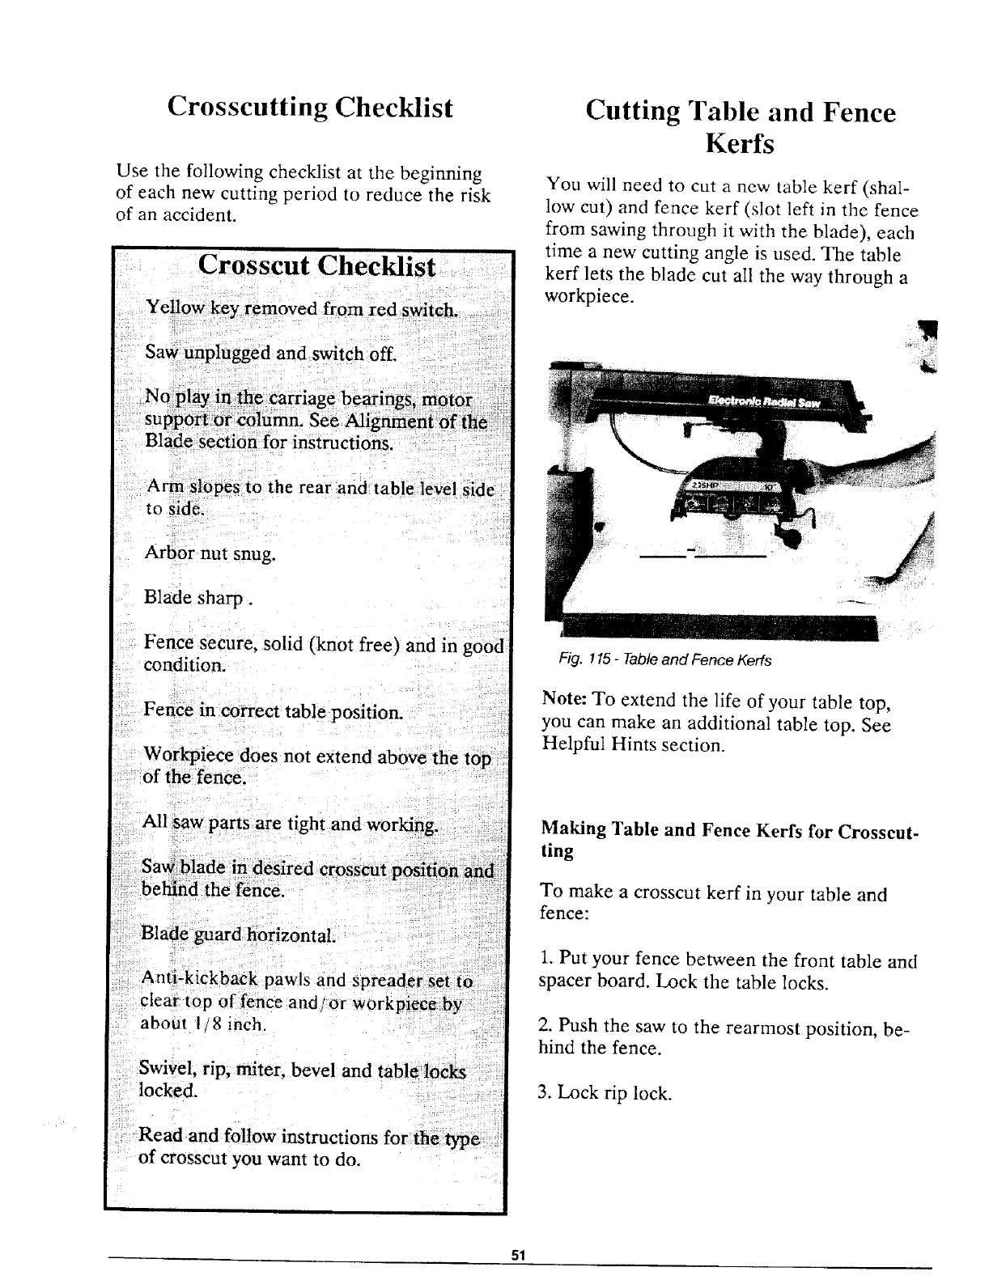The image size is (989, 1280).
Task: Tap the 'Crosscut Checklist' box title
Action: coord(316,266)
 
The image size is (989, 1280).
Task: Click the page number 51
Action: coord(519,1255)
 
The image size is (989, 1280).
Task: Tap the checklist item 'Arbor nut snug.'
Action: coord(210,554)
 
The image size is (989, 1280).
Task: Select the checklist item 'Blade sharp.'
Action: coord(197,598)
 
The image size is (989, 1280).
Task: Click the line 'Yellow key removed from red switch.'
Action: coord(300,309)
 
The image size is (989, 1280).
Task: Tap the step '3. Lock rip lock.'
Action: coord(605,1093)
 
